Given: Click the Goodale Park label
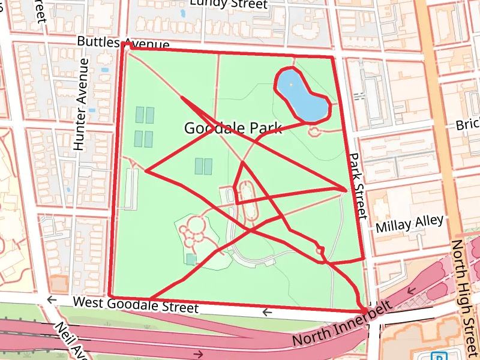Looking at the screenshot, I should (x=233, y=128).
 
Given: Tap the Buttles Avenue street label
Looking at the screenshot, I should (x=124, y=42).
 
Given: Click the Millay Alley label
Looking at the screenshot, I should (x=409, y=224).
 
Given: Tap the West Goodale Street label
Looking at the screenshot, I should (x=135, y=304).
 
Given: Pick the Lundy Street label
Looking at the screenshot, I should (x=228, y=4).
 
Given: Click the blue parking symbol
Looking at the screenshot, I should (x=441, y=356).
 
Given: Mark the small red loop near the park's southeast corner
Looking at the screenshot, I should (x=320, y=250).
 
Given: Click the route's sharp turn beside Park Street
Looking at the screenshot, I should (x=345, y=190).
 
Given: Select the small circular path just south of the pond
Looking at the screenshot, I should (x=314, y=131).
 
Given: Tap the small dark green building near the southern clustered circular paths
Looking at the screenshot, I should (x=191, y=259).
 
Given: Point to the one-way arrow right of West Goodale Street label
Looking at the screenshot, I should (x=267, y=312).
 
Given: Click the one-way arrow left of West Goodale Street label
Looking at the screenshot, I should (x=52, y=299).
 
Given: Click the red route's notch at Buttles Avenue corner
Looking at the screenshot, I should (x=124, y=44).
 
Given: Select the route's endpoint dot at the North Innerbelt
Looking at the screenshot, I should (x=365, y=310).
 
